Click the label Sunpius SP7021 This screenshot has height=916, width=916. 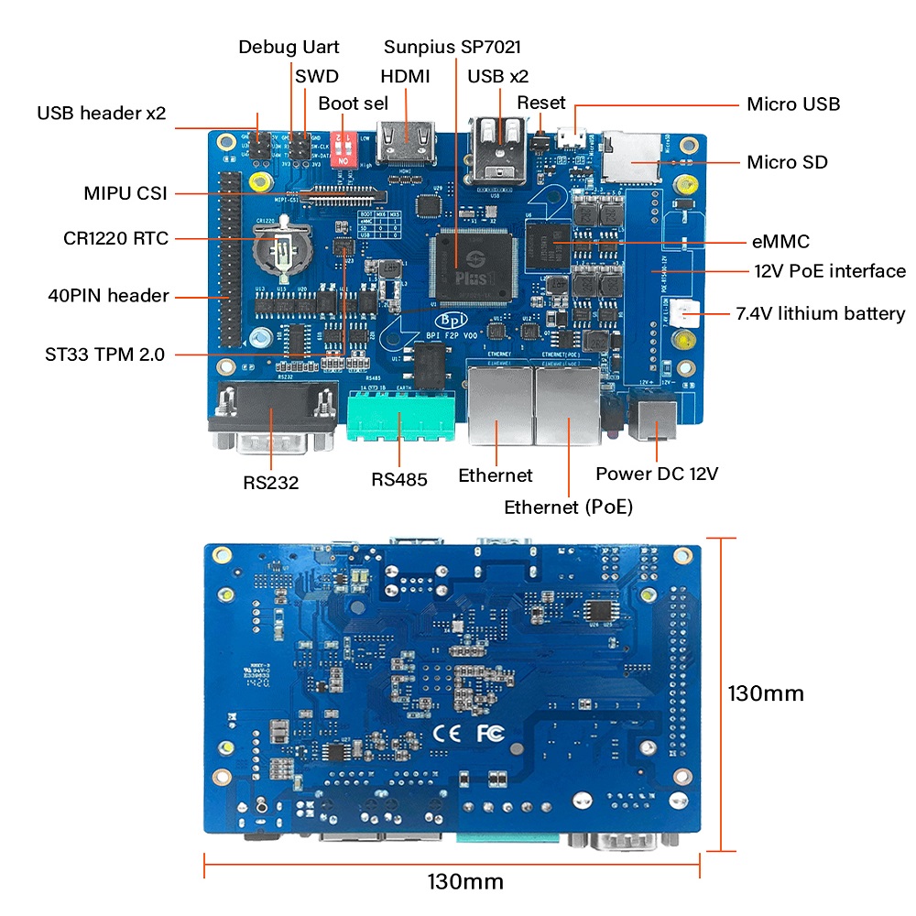pos(453,47)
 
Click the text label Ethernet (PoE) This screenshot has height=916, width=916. pos(568,507)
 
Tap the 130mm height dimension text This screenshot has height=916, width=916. pos(766,693)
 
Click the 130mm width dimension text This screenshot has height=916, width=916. pos(465,882)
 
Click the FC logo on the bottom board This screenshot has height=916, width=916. pos(490,733)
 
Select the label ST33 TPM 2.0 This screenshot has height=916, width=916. pos(105,354)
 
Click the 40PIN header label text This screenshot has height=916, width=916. pos(108,296)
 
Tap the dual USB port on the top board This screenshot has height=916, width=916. pos(498,151)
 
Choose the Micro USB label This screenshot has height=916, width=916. pos(793,104)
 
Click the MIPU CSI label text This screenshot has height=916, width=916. pos(125,194)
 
